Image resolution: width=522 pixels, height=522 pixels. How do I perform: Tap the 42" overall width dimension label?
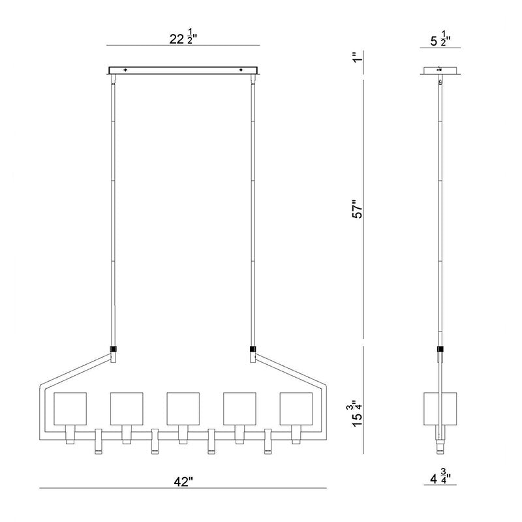(x=183, y=482)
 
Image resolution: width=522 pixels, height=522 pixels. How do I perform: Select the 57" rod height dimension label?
(x=358, y=209)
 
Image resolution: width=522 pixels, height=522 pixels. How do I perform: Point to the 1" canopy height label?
(x=357, y=57)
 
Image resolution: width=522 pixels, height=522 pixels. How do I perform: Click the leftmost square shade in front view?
(x=70, y=408)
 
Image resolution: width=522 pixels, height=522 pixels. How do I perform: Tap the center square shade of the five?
(x=183, y=408)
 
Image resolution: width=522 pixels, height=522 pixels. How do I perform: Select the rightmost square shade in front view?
(x=296, y=408)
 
